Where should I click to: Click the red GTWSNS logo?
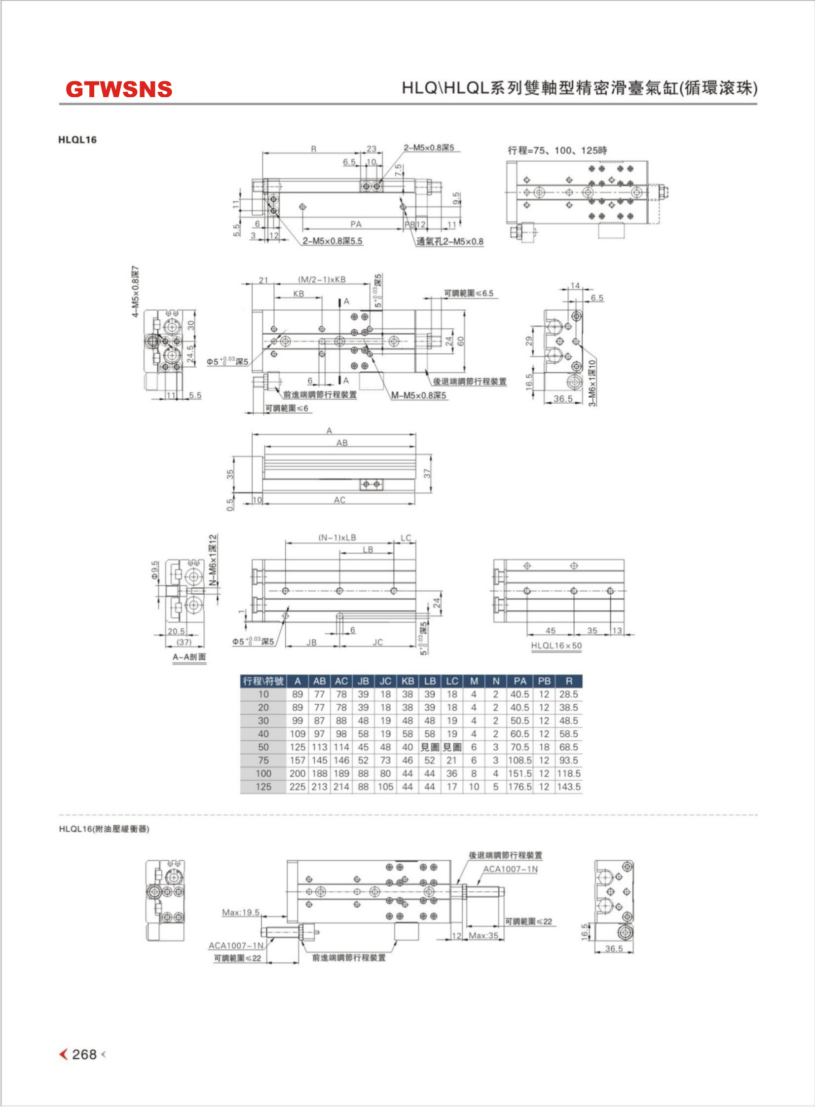pos(119,89)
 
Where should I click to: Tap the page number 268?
pos(84,1054)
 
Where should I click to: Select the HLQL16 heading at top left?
pos(77,140)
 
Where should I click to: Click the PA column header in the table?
pos(520,681)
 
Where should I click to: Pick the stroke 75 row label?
pos(263,761)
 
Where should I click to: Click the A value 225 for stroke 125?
pos(297,787)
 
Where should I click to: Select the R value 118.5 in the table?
pos(569,773)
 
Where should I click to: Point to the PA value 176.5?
pos(520,787)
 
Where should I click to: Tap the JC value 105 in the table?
pos(385,787)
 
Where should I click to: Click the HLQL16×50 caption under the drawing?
pos(556,646)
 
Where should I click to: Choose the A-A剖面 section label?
pos(189,657)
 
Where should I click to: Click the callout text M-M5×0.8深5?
pos(419,395)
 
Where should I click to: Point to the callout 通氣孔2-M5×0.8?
pos(450,241)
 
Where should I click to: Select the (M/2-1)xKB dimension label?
pos(322,279)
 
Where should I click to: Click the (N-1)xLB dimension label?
pos(337,537)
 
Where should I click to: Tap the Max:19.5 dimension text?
pos(241,912)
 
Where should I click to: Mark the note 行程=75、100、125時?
pos(557,150)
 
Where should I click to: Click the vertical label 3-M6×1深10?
pos(592,382)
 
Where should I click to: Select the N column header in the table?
pos(496,681)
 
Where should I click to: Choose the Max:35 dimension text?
pos(483,935)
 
